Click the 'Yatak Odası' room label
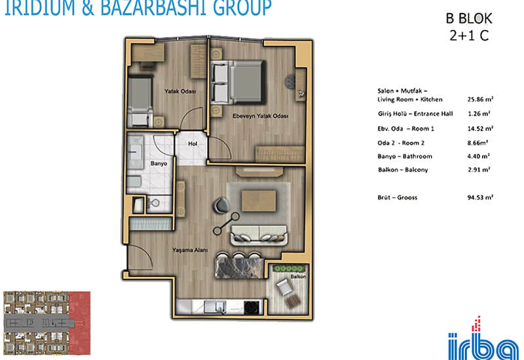click(x=179, y=91)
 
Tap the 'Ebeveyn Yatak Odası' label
click(x=260, y=116)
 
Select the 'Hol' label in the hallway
click(x=193, y=143)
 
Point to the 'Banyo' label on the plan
click(x=159, y=163)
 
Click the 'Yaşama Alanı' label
click(x=190, y=250)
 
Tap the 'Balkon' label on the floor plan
click(x=298, y=276)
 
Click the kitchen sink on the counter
click(x=215, y=307)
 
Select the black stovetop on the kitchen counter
click(x=252, y=308)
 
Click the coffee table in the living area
click(x=259, y=201)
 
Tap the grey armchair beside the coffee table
click(x=221, y=205)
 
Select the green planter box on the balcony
click(x=288, y=268)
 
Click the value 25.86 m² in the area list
click(x=480, y=99)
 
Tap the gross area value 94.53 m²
click(x=480, y=198)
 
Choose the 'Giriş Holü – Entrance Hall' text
click(x=415, y=113)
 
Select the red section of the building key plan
click(x=80, y=323)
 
